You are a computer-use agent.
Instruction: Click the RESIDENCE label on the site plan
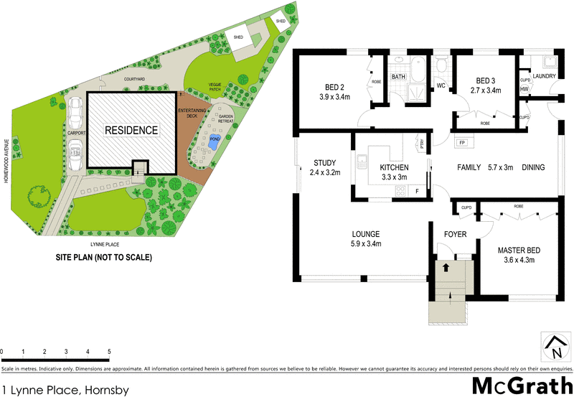[131, 131]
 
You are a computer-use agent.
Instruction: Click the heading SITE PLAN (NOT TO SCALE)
[104, 256]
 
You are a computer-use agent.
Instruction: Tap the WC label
[442, 86]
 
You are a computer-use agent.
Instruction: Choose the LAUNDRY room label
[545, 75]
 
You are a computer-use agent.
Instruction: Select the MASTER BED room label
[519, 251]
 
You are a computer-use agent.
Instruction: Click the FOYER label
[456, 233]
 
